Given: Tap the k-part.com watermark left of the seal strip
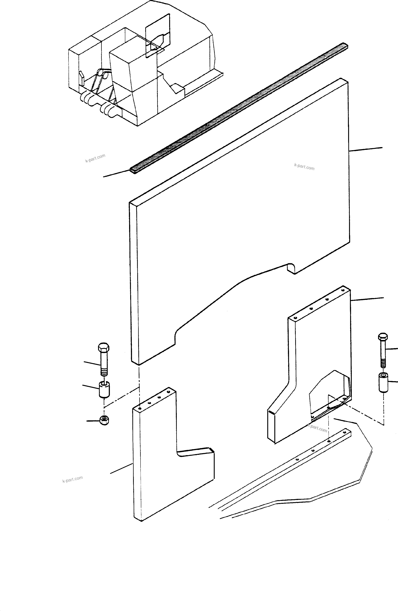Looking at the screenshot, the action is click(95, 158).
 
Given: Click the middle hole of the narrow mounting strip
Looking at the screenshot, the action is click(313, 450).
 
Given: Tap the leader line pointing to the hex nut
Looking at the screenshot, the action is click(93, 421).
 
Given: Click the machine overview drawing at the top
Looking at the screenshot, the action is click(141, 64).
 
